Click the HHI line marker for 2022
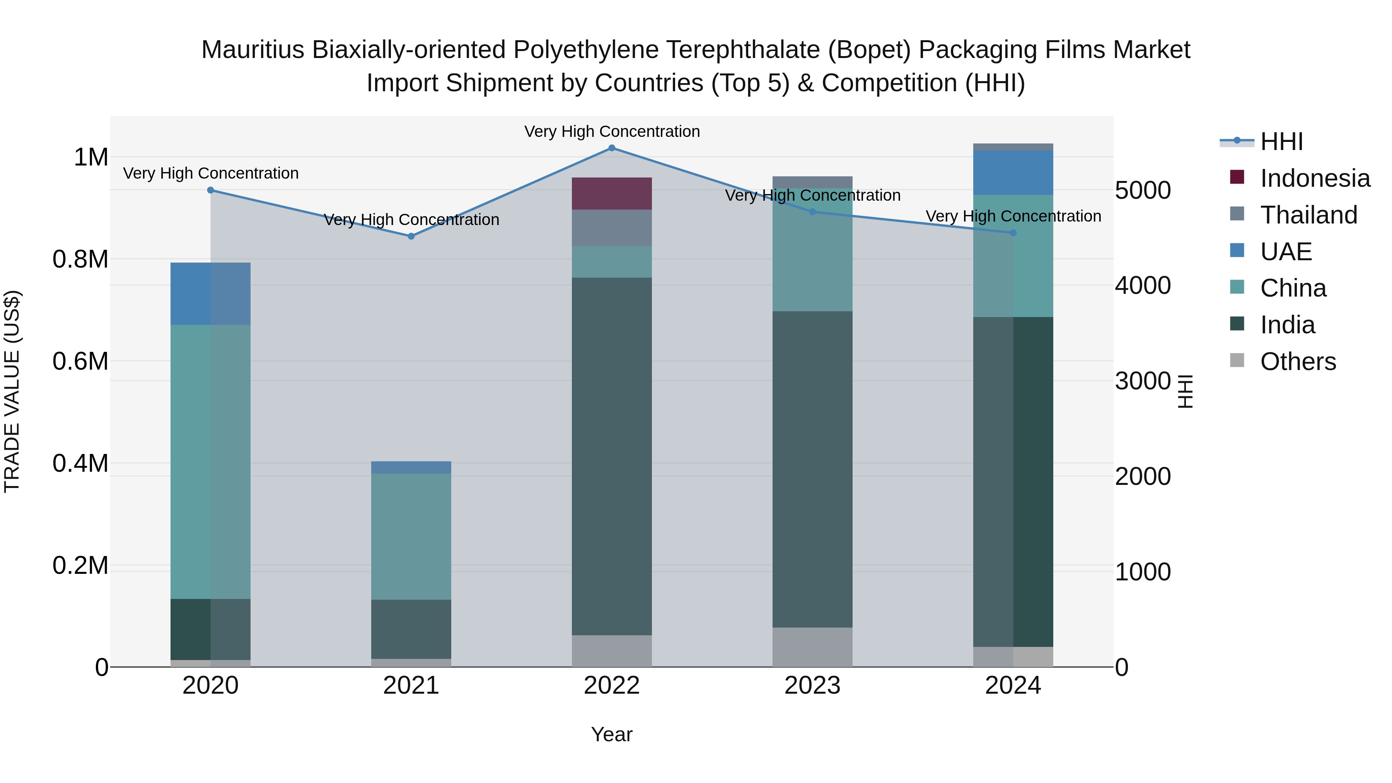(612, 148)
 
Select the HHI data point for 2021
(411, 236)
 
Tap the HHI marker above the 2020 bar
(211, 190)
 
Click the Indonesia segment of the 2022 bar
(612, 193)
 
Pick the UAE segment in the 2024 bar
(1013, 172)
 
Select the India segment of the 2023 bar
(812, 469)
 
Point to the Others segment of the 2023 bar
(812, 647)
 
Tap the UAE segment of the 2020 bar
(211, 293)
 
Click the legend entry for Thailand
(1308, 215)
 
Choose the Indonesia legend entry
(1315, 178)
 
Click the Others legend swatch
(1237, 360)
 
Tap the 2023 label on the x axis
(812, 686)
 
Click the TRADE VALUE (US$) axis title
(12, 391)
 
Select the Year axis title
(612, 734)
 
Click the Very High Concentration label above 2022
(612, 131)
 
